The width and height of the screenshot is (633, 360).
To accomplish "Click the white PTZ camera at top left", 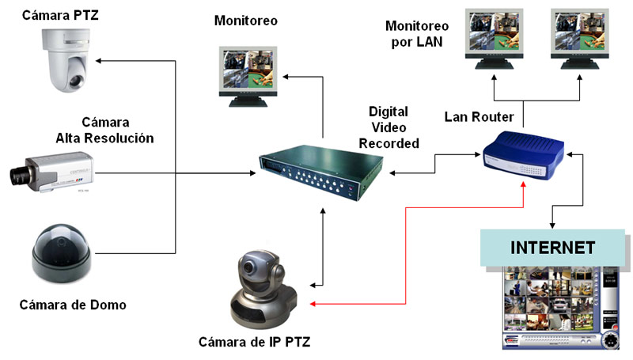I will pos(64,59).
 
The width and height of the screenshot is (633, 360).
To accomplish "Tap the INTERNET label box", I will pos(552,247).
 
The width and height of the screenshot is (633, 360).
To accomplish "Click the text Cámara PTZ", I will pos(61,14).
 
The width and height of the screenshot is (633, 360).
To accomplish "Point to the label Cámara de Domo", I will pos(73,305).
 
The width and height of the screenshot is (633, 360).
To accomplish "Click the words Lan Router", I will pos(479,117).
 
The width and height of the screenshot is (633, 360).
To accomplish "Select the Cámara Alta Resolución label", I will pos(104,131).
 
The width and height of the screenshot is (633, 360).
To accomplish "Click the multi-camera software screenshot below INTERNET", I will pos(563,308).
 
